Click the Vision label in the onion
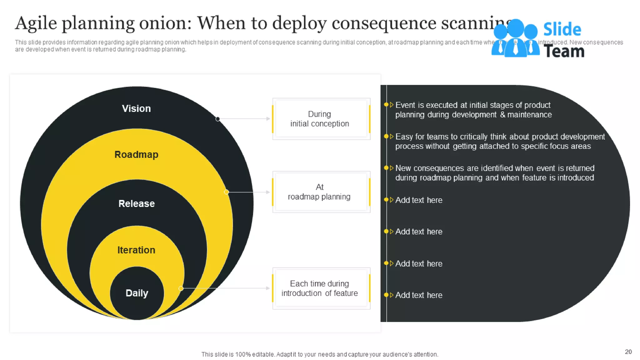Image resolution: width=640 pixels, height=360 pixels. click(136, 108)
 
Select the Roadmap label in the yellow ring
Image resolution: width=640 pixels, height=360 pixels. click(136, 154)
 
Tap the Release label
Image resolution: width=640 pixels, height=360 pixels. click(137, 203)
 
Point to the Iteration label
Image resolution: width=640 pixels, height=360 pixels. click(136, 250)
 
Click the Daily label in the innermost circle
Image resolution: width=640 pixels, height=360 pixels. click(137, 293)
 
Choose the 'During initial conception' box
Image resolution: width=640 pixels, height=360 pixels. click(321, 119)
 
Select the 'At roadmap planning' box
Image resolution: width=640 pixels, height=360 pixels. click(321, 192)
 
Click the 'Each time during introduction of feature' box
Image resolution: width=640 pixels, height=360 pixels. click(321, 288)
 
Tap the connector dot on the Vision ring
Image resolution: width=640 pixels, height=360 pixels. click(218, 119)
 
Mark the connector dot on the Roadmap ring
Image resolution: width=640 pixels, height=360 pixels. click(226, 192)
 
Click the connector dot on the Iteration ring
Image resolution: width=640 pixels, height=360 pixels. click(181, 288)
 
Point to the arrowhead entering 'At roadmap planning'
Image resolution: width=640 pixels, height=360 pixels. click(268, 192)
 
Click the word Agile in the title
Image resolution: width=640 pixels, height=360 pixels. click(36, 23)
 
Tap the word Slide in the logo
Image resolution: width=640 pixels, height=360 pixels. click(562, 30)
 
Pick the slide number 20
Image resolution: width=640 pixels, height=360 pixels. click(628, 352)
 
